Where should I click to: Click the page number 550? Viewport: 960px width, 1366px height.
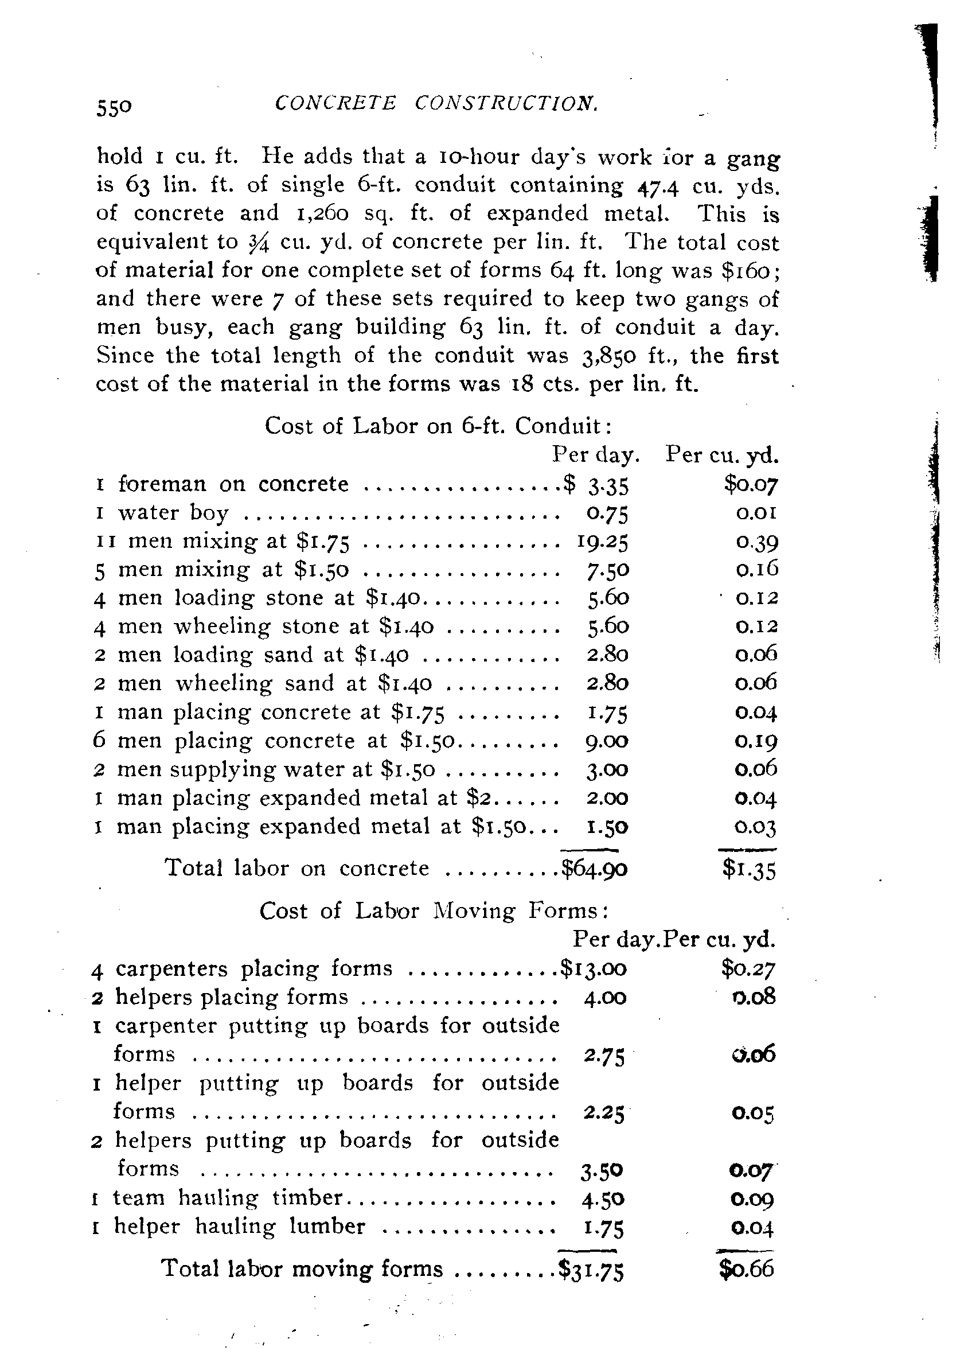click(x=114, y=107)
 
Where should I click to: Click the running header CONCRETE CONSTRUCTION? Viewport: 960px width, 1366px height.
click(x=436, y=103)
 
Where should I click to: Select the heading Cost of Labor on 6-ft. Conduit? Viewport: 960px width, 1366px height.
click(x=438, y=426)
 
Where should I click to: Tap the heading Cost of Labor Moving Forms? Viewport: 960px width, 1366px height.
click(x=434, y=911)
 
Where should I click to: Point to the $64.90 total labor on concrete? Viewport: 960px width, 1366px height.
click(x=595, y=869)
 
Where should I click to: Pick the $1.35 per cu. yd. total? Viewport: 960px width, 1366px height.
click(x=750, y=870)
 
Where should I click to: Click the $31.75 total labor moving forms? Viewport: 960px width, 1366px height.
click(x=591, y=1270)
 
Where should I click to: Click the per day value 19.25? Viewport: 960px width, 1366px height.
click(x=603, y=541)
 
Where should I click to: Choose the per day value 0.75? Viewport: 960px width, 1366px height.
click(x=604, y=513)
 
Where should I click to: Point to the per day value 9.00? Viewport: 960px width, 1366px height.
click(x=607, y=741)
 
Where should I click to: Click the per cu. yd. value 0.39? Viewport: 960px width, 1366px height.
click(x=756, y=542)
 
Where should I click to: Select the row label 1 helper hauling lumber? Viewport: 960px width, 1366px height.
click(x=229, y=1226)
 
